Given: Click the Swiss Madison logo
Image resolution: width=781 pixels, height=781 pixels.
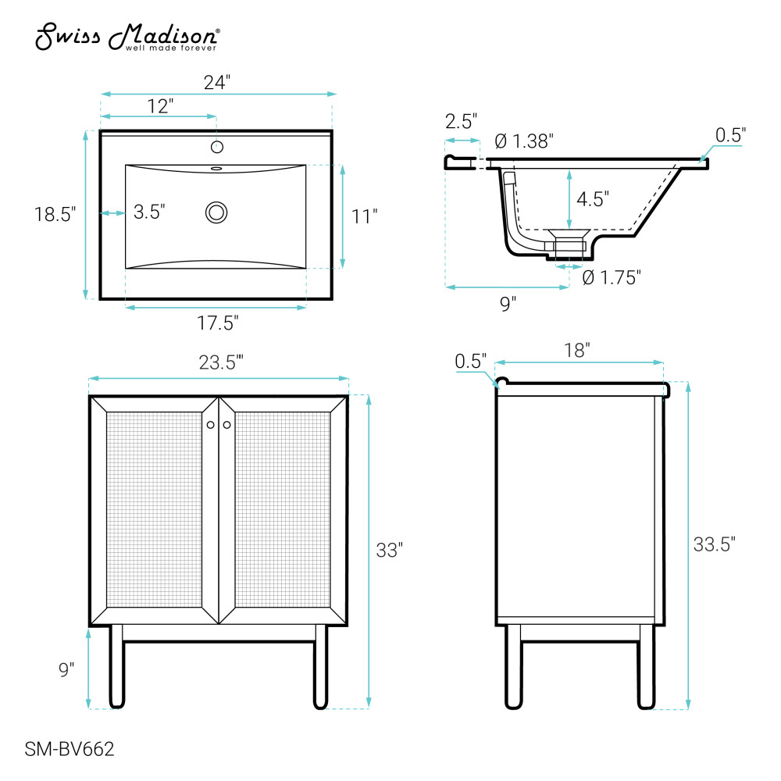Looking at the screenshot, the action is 127,37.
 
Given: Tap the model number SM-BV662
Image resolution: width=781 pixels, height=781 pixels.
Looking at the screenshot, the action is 70,749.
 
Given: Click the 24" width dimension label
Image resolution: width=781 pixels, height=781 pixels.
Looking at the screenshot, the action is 217,82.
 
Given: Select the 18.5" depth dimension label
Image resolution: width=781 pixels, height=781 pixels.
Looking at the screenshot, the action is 55,214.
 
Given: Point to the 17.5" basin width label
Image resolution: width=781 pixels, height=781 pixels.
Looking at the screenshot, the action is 218,323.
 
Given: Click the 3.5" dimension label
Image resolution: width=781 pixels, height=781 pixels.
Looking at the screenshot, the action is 149,212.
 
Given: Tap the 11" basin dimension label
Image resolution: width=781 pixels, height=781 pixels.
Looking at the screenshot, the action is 364,216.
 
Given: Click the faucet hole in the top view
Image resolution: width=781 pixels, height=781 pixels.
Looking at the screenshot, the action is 216,147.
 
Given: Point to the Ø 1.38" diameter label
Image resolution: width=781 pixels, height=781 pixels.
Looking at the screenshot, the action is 524,141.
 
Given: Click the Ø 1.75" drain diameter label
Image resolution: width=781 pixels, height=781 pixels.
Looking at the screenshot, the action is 612,277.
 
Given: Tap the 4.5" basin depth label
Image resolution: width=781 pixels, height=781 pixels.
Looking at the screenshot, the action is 593,199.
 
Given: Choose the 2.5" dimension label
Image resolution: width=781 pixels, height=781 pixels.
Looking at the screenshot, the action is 461,121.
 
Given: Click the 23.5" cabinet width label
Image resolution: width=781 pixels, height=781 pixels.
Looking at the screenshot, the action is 221,362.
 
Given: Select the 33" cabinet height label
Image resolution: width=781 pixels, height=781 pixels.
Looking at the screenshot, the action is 390,551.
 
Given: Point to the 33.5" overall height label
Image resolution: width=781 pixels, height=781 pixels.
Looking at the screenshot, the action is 715,544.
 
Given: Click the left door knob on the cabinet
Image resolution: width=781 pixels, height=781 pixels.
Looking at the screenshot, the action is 211,425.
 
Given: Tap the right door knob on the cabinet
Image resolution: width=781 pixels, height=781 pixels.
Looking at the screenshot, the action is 227,425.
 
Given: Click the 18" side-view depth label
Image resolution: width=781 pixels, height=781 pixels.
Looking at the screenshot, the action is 577,350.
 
